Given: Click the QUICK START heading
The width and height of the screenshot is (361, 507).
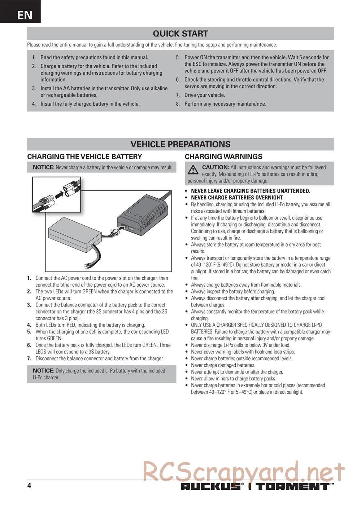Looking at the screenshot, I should point(180,34).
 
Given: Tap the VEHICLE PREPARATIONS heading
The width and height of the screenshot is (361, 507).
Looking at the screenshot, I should point(180,144).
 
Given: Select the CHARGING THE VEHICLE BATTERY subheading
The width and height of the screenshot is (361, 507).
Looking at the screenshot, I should point(84,156).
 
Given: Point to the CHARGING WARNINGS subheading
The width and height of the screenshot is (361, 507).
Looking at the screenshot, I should point(223,156).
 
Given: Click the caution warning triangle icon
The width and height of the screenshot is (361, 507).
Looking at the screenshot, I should point(193,169).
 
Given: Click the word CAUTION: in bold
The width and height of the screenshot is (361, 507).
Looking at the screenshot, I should point(216,167).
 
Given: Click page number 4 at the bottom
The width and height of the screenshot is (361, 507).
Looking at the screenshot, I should point(29,486).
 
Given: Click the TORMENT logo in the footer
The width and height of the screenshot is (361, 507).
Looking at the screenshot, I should point(293,486).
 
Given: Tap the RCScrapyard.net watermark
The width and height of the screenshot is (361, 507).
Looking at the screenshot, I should point(244,471).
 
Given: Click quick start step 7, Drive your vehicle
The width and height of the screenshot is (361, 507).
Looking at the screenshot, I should point(204,95).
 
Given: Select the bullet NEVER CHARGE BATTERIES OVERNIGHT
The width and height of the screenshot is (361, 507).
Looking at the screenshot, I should point(237,198).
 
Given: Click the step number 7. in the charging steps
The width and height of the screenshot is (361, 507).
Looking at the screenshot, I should point(29,358).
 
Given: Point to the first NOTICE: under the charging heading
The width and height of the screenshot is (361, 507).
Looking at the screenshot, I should point(43,167).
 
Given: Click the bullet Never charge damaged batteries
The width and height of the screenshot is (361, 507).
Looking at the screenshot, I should point(223,365).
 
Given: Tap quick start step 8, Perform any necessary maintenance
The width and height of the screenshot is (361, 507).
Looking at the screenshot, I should point(225,104).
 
